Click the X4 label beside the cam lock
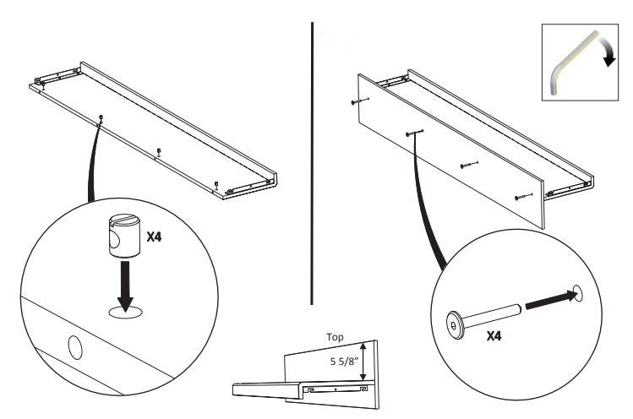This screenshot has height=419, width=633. [x=154, y=237]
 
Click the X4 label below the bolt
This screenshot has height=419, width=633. [x=494, y=336]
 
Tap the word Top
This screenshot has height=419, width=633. [x=335, y=337]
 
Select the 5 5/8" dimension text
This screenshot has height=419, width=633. [x=344, y=361]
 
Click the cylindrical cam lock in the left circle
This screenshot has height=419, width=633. [x=124, y=237]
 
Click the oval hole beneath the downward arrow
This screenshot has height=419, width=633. [x=126, y=313]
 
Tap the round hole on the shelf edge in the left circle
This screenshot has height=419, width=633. [x=75, y=347]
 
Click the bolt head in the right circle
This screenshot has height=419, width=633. [x=454, y=324]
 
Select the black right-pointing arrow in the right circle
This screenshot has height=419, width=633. [x=552, y=301]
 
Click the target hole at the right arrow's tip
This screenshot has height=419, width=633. [x=578, y=293]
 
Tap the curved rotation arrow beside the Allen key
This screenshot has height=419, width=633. [x=607, y=50]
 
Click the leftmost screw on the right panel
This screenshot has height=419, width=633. [x=361, y=101]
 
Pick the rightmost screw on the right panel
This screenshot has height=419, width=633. [x=524, y=197]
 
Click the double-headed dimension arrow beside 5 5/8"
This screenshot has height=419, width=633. [x=363, y=361]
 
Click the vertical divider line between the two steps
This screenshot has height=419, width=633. [x=312, y=164]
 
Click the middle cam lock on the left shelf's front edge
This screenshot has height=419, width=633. [x=159, y=151]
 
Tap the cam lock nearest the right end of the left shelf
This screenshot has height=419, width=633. [x=217, y=184]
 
